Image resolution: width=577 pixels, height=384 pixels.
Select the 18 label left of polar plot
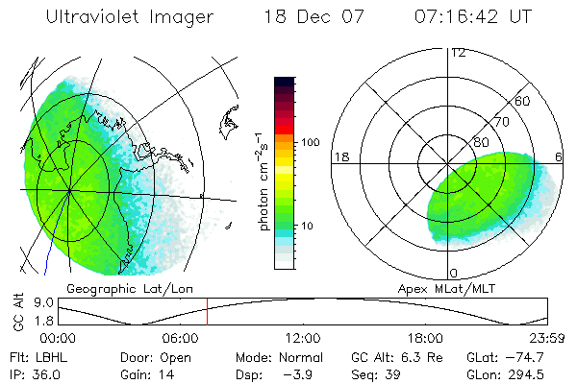click(339, 156)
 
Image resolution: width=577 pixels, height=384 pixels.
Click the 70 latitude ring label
click(499, 122)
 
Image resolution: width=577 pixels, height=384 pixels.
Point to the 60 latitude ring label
click(523, 101)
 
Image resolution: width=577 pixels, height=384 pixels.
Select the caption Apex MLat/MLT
click(445, 288)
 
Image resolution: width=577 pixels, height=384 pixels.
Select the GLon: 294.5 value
click(515, 372)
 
